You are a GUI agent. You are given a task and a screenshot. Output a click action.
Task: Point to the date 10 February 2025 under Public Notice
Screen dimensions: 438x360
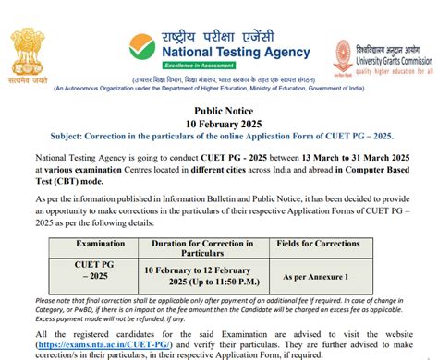[218, 124]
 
